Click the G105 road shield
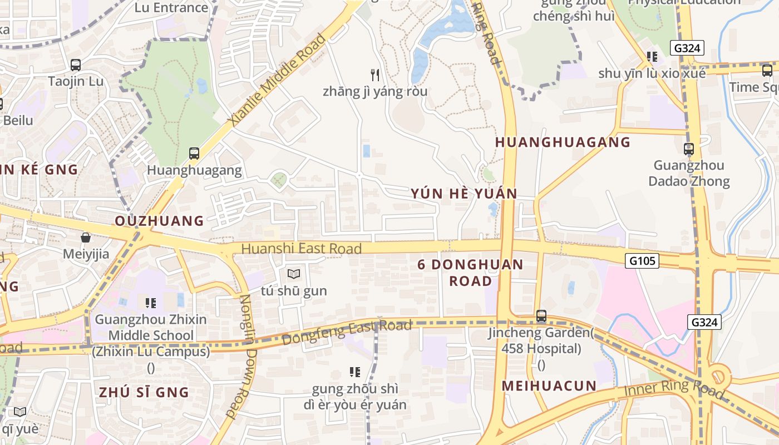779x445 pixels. pyautogui.click(x=642, y=260)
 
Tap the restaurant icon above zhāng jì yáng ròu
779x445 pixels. pyautogui.click(x=375, y=75)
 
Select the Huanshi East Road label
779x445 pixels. pyautogui.click(x=302, y=249)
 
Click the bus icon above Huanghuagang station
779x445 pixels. pyautogui.click(x=194, y=153)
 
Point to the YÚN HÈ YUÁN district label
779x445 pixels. pyautogui.click(x=464, y=194)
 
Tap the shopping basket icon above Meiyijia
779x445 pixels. pyautogui.click(x=86, y=238)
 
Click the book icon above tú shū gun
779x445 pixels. pyautogui.click(x=294, y=274)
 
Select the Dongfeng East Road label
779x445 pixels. pyautogui.click(x=347, y=332)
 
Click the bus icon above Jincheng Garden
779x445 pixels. pyautogui.click(x=541, y=316)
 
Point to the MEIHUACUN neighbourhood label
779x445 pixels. pyautogui.click(x=549, y=385)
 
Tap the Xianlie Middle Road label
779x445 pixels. pyautogui.click(x=277, y=80)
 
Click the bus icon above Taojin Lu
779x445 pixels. pyautogui.click(x=76, y=65)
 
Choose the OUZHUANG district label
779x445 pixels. pyautogui.click(x=160, y=221)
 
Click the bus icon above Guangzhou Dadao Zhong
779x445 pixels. pyautogui.click(x=689, y=149)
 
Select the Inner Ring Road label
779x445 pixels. pyautogui.click(x=674, y=389)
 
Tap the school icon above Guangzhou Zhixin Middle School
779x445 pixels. pyautogui.click(x=151, y=303)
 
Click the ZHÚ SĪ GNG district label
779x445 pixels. pyautogui.click(x=144, y=392)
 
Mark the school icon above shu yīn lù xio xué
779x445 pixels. pyautogui.click(x=652, y=56)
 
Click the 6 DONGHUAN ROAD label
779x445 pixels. pyautogui.click(x=471, y=273)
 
